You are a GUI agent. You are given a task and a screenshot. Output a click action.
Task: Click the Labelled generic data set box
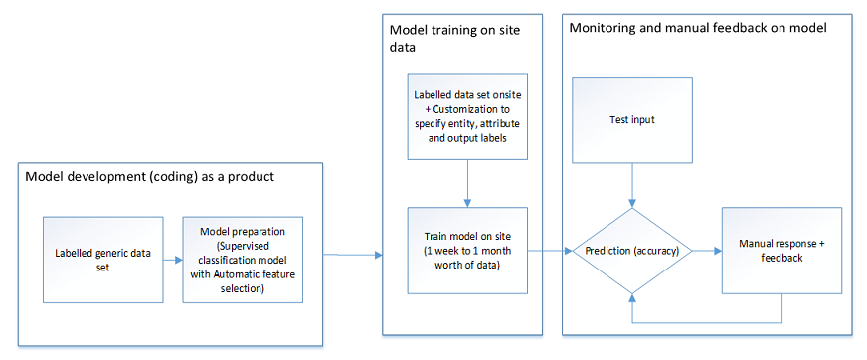tap(102, 260)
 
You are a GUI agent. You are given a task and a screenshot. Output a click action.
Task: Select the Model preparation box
tap(242, 260)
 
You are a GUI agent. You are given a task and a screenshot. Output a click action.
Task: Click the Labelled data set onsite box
tap(466, 115)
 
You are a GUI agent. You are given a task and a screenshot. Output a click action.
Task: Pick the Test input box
tap(632, 120)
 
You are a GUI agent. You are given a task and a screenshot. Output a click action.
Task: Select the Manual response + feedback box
tap(781, 250)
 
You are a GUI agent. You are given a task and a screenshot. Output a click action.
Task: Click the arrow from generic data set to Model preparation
tap(172, 260)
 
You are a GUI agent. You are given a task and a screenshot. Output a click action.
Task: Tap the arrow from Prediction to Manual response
tap(707, 251)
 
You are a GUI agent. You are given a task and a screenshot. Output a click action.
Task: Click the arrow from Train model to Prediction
tap(549, 252)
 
